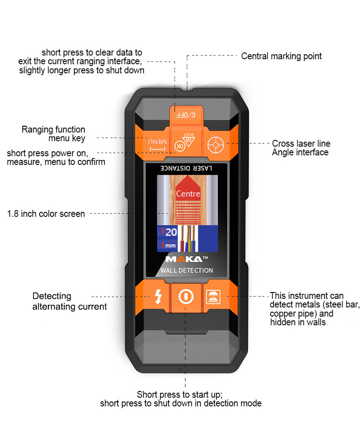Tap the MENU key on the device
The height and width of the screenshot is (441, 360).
156,145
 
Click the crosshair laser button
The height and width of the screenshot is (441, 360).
214,145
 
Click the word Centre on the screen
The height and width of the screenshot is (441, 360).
188,194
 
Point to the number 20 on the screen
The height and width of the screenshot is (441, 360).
171,232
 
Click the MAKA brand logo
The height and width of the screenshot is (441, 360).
184,259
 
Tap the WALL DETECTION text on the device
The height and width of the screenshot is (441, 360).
186,270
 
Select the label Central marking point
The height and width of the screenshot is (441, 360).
281,56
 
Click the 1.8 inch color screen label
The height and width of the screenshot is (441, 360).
46,214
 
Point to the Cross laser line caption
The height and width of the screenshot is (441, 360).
301,144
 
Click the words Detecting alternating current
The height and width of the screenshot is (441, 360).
69,301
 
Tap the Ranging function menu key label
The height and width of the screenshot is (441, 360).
53,134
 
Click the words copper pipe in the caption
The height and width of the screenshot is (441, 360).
290,314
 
